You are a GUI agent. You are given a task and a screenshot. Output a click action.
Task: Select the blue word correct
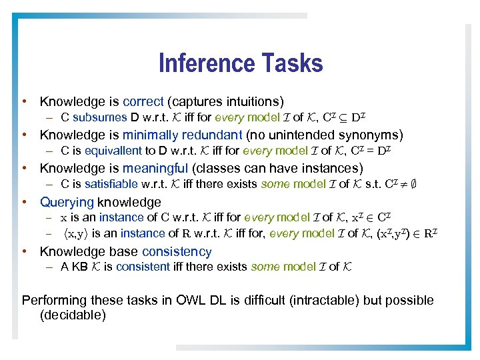coord(143,102)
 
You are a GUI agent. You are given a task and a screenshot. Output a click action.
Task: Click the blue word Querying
coord(67,202)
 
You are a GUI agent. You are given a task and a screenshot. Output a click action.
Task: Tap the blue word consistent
coord(141,267)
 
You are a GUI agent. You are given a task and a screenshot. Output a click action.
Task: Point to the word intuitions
coord(247,102)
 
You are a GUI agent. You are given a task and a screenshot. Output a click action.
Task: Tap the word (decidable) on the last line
coord(73,315)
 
